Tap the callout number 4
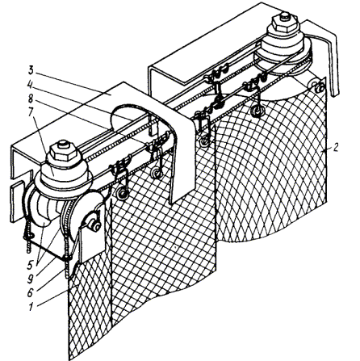click(31, 85)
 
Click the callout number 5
click(32, 265)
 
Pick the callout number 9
click(31, 279)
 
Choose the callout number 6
click(31, 293)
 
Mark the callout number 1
click(31, 307)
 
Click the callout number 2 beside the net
click(336, 148)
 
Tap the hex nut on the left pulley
click(64, 153)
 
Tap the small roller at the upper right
click(319, 86)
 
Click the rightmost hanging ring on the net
click(256, 111)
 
